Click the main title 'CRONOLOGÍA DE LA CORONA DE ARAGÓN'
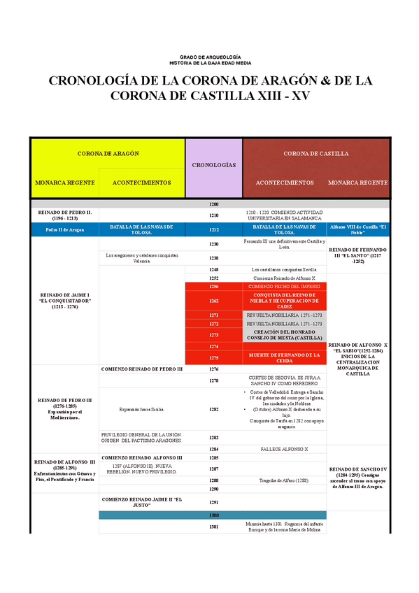pyautogui.click(x=210, y=81)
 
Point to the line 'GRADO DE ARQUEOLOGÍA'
pyautogui.click(x=210, y=56)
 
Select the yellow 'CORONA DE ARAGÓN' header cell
pyautogui.click(x=108, y=153)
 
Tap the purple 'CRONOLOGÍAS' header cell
pyautogui.click(x=213, y=166)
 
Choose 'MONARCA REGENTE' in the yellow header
pyautogui.click(x=65, y=183)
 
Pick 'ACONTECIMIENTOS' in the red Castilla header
pyautogui.click(x=284, y=183)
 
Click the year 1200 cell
pyautogui.click(x=213, y=204)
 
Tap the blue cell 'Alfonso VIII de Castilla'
pyautogui.click(x=358, y=229)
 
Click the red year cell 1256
pyautogui.click(x=213, y=287)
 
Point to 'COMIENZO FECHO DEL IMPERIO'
pyautogui.click(x=284, y=287)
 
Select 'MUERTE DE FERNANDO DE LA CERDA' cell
pyautogui.click(x=284, y=357)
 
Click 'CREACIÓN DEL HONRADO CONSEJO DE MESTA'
pyautogui.click(x=284, y=335)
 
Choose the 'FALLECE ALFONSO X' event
pyautogui.click(x=284, y=449)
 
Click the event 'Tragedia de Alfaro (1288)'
pyautogui.click(x=284, y=480)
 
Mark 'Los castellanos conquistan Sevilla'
pyautogui.click(x=284, y=269)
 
